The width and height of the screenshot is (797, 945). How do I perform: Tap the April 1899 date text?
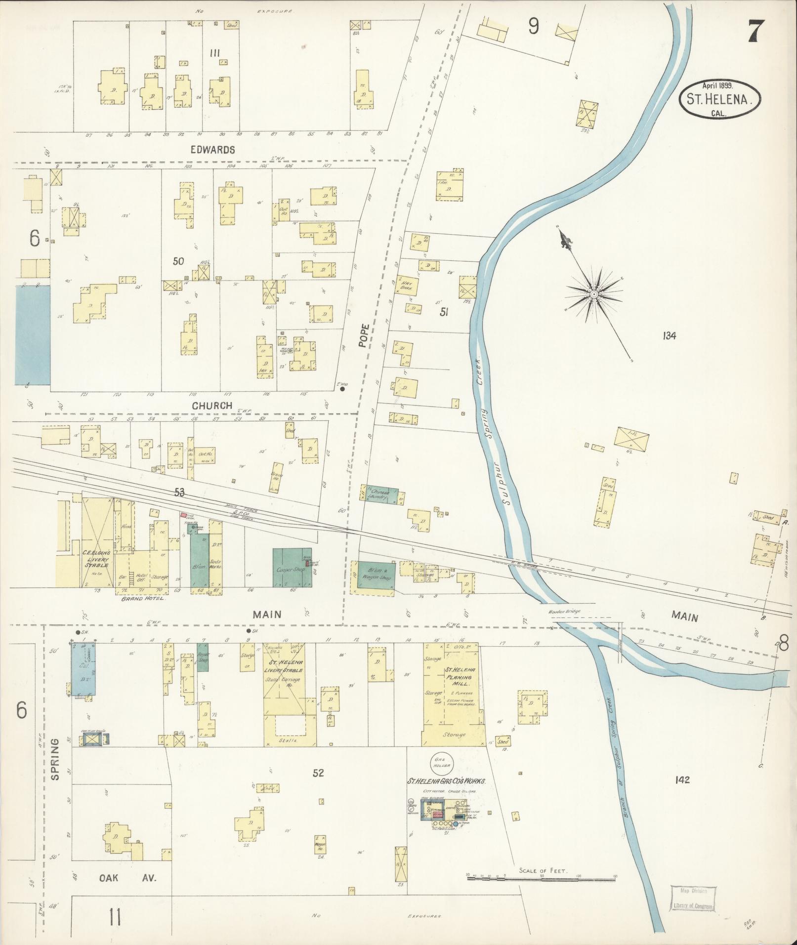tap(719, 85)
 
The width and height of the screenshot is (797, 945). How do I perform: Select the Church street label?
tap(212, 405)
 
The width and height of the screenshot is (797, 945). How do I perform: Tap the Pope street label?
tap(364, 336)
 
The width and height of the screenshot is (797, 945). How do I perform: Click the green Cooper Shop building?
tap(292, 568)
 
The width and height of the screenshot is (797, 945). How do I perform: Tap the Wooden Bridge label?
tap(564, 611)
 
